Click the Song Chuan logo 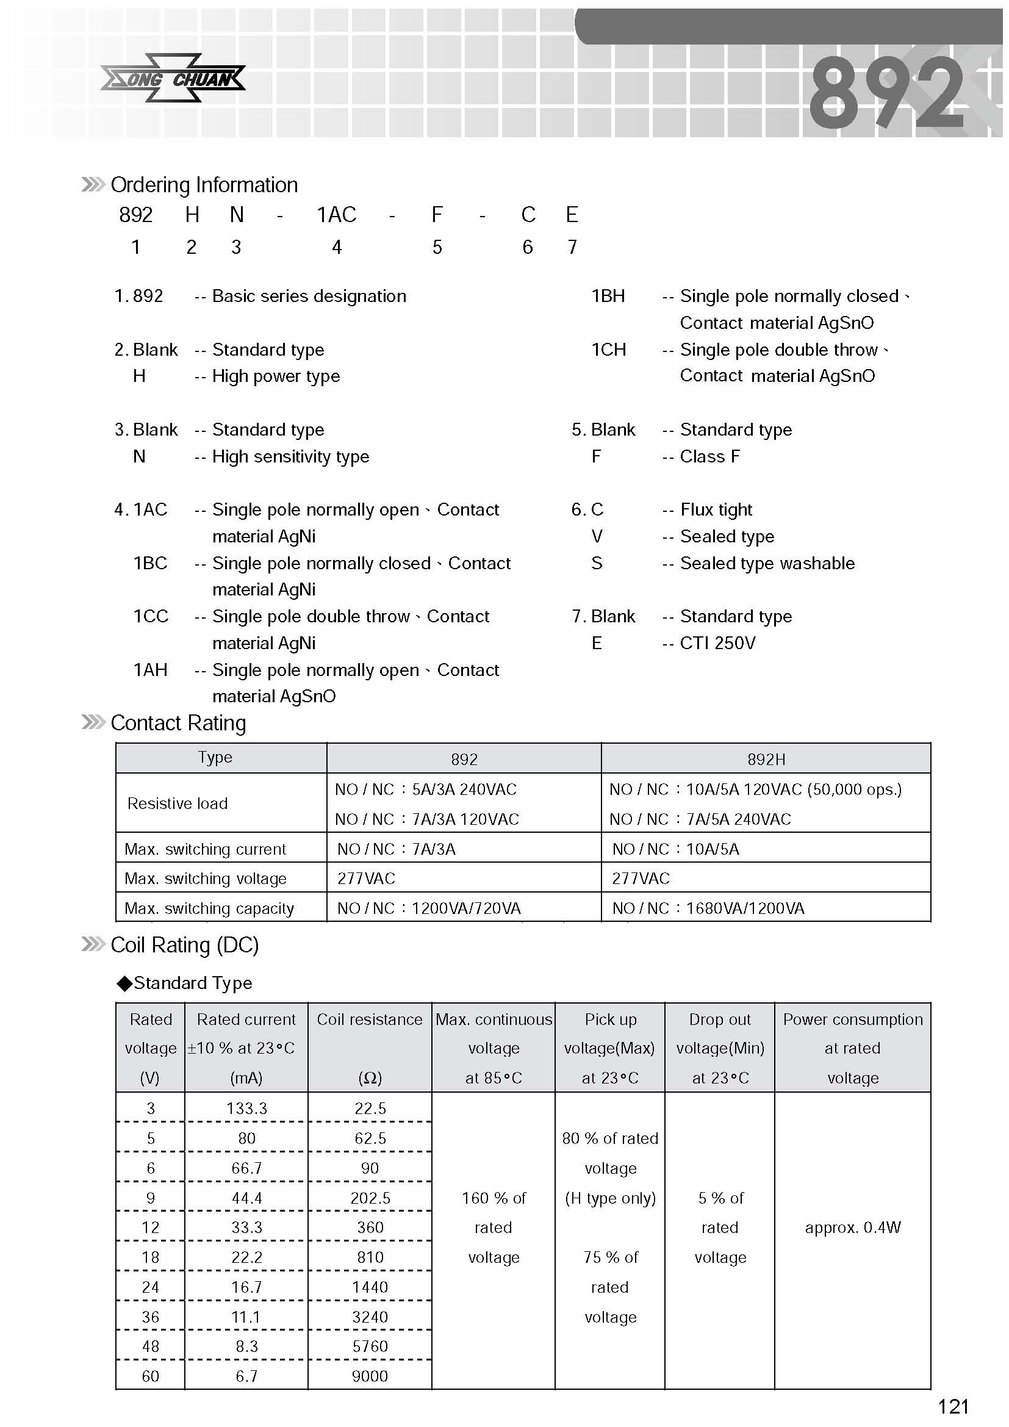(173, 79)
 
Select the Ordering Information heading (204, 185)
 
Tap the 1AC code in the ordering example (336, 215)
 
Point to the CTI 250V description (717, 643)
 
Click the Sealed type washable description (767, 564)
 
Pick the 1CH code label (608, 350)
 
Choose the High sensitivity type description (291, 457)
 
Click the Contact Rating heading (178, 724)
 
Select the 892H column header (766, 760)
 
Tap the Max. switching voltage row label (206, 879)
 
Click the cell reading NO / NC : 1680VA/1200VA (708, 908)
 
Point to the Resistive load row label (178, 803)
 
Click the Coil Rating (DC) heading (184, 945)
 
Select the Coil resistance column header (370, 1020)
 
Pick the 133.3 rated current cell (246, 1109)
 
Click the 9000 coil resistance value (370, 1376)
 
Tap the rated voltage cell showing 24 (150, 1287)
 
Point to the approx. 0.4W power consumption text (852, 1228)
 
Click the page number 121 (953, 1406)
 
